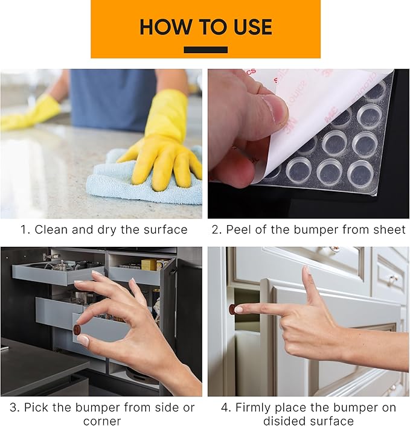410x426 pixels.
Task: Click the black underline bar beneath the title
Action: (205, 50)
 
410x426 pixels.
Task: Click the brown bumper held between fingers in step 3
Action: (77, 329)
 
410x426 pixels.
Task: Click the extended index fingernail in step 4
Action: (239, 309)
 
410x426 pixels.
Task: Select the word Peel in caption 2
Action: (240, 230)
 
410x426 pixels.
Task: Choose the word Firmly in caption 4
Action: (255, 408)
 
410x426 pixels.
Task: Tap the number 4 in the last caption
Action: (225, 408)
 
